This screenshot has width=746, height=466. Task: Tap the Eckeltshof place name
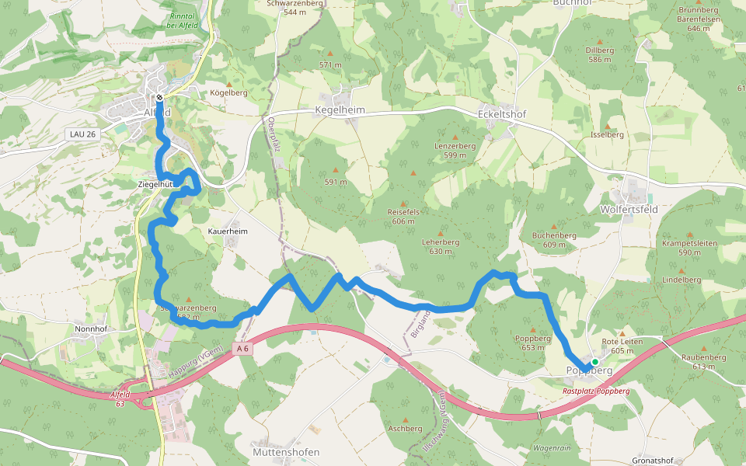pos(501,114)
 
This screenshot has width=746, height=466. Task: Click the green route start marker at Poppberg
pos(594,362)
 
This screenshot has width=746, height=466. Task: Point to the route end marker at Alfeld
pos(159,98)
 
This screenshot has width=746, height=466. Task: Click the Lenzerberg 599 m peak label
pos(455,150)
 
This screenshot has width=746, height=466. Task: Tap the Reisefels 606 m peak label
pos(403,216)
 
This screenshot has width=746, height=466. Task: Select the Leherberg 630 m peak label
pos(441,246)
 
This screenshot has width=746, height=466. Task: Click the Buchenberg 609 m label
pos(553,239)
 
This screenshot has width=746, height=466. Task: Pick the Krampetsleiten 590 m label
pos(690,247)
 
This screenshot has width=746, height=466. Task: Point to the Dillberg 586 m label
pos(599,54)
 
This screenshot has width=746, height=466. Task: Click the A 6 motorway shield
pos(242,349)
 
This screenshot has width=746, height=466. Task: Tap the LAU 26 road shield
pos(82,134)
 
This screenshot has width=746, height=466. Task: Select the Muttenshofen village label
pos(286,452)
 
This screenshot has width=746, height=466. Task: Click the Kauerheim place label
pos(228,231)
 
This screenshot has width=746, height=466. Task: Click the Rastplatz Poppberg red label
pos(596,391)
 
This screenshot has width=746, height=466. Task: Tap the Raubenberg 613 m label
pos(703,361)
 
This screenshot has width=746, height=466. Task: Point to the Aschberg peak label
pos(405,428)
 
